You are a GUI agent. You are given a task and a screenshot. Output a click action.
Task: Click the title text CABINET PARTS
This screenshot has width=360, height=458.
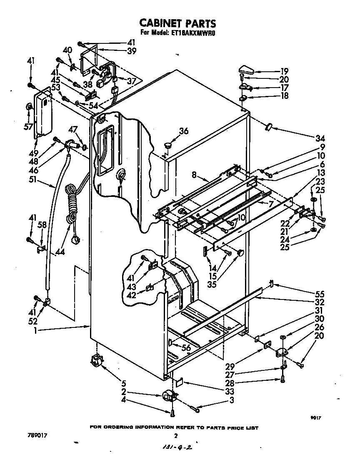(177, 23)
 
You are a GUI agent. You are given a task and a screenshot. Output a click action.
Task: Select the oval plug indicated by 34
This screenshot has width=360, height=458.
(268, 126)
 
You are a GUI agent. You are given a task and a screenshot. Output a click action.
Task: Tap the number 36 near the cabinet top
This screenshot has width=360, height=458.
(184, 131)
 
